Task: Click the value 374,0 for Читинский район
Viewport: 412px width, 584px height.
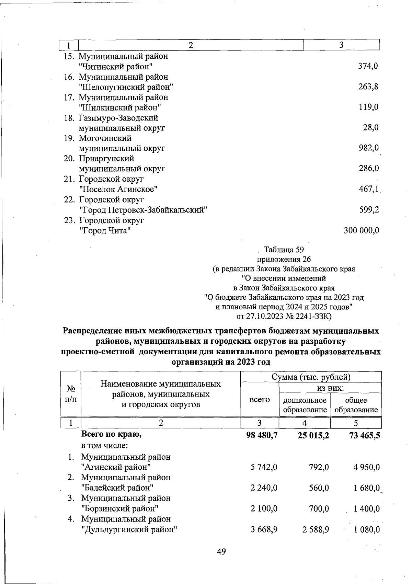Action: [368, 66]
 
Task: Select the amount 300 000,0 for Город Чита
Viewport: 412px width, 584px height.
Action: [362, 231]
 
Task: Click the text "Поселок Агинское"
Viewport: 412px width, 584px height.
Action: [118, 189]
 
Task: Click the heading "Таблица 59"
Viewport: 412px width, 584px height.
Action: [284, 249]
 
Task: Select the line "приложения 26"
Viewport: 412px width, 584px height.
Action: [284, 259]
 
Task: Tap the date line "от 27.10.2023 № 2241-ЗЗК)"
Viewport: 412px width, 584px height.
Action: [284, 316]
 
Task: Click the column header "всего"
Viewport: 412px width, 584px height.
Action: [260, 400]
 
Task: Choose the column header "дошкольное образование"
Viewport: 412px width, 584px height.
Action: [305, 405]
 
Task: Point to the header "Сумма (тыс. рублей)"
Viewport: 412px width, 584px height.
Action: [311, 377]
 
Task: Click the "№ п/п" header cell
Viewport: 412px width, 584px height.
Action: [70, 394]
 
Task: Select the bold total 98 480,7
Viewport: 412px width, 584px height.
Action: [262, 436]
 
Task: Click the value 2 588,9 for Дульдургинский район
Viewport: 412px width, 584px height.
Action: [316, 530]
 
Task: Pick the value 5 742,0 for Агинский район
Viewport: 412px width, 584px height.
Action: [264, 467]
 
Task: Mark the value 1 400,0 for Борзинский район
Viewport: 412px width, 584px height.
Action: [367, 509]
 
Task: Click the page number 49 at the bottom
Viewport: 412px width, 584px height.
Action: [221, 552]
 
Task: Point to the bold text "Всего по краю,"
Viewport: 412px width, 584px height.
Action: [112, 434]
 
